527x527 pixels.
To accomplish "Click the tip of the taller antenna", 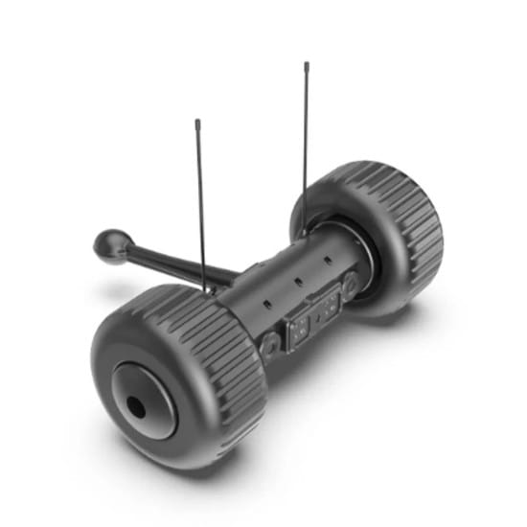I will (x=307, y=65).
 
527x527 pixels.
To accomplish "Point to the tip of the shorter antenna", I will (x=197, y=122).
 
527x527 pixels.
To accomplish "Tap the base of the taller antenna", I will (x=303, y=234).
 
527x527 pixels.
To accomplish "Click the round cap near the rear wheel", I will (x=352, y=285).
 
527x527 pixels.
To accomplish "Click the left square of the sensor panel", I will (x=299, y=325).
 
